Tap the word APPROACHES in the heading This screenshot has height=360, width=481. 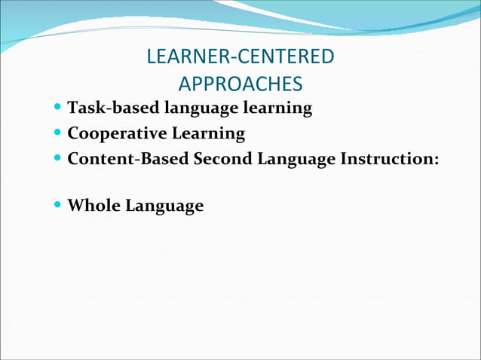coord(240,83)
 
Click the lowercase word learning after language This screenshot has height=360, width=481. coord(276,108)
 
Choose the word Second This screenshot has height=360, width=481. coord(223,160)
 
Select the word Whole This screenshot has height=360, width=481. coord(93,205)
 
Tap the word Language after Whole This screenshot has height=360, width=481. coord(164,206)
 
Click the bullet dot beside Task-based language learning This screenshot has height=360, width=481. coord(59,108)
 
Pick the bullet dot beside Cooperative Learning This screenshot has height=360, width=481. coord(59,134)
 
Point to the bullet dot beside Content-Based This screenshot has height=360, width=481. coord(59,160)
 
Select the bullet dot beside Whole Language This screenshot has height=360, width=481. coord(59,205)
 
